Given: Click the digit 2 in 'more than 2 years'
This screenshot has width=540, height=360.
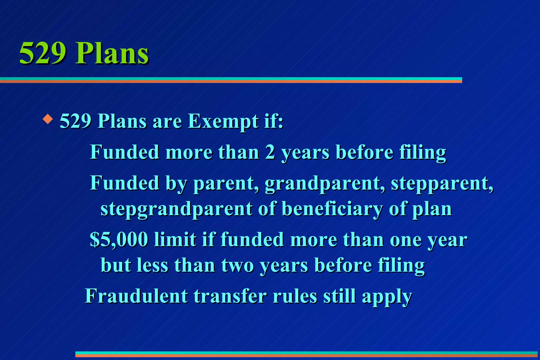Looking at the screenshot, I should point(270,152).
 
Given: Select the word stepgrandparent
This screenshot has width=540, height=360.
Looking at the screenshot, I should point(176,209).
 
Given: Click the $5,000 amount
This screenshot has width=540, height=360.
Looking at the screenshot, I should point(119,240).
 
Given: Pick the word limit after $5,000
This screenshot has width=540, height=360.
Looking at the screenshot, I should point(175,240).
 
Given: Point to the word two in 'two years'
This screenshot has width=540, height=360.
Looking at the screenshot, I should point(237,265).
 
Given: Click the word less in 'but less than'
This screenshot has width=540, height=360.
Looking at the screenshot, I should point(152,265).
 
